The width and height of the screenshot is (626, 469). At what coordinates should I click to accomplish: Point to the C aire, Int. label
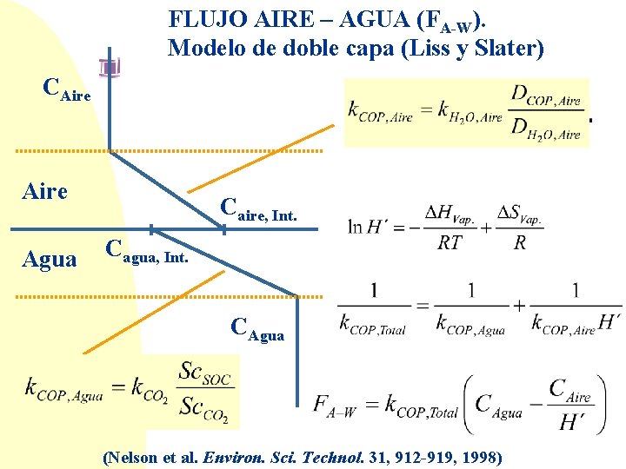(258, 208)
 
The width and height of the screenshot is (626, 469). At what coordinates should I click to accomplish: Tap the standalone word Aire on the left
(44, 191)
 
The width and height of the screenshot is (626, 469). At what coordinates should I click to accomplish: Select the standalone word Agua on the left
(48, 259)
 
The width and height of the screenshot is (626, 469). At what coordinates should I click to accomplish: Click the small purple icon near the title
(110, 69)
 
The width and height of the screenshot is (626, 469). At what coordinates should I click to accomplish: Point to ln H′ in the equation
(367, 227)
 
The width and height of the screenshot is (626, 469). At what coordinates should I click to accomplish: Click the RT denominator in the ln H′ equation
(450, 243)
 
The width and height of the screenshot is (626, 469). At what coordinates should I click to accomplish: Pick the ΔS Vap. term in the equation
(520, 214)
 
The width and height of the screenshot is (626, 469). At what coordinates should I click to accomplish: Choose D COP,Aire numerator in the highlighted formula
(546, 96)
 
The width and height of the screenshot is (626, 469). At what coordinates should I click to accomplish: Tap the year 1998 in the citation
(481, 456)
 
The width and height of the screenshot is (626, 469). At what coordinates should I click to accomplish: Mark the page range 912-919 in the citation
(415, 456)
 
